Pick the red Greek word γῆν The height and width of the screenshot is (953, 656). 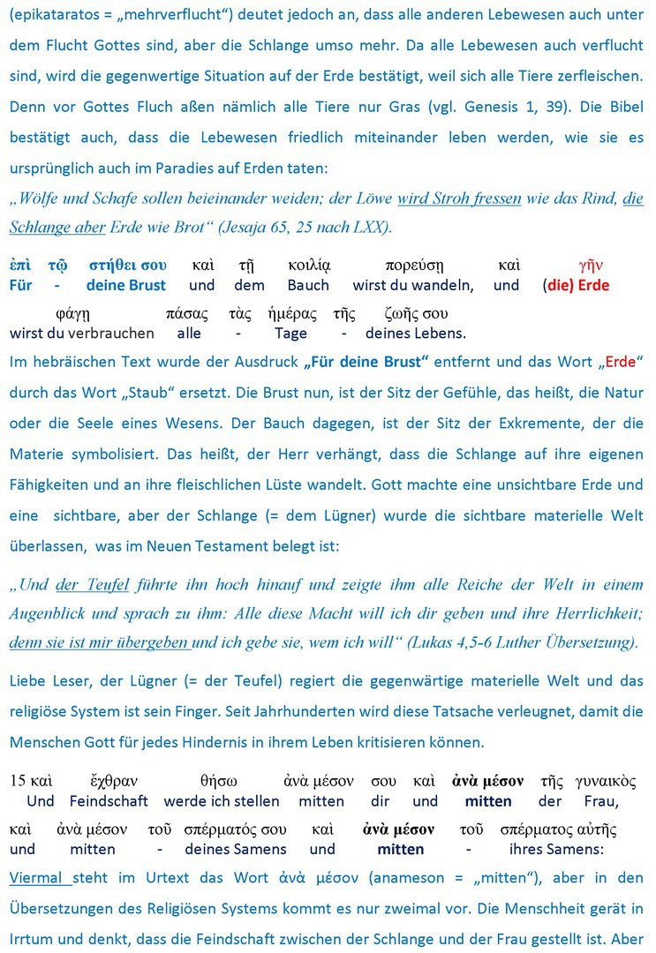tap(590, 265)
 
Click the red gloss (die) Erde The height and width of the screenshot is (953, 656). tap(576, 285)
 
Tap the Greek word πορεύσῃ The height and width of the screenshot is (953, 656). tap(413, 265)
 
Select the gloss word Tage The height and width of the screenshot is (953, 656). tap(290, 333)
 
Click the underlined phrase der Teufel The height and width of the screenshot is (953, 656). tap(92, 584)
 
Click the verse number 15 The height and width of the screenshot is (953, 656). tap(18, 781)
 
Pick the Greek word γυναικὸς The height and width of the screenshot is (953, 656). tap(605, 781)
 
